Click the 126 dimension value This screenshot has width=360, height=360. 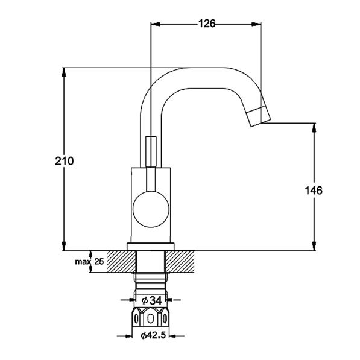tap(207, 24)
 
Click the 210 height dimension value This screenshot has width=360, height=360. tap(65, 161)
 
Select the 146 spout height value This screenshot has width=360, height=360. tap(314, 191)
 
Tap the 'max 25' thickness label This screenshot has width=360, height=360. tap(89, 261)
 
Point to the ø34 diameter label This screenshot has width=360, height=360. tap(152, 300)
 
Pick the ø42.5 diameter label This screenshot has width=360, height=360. tap(153, 336)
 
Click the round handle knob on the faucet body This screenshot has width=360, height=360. tap(151, 209)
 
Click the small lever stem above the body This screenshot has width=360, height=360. tap(151, 151)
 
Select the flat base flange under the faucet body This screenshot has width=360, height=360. tap(151, 247)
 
